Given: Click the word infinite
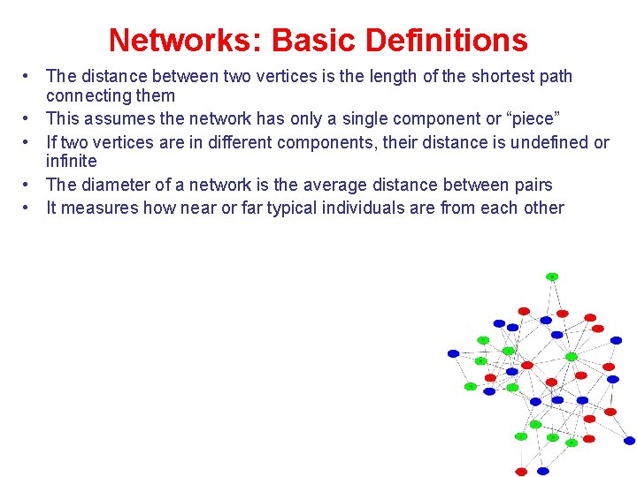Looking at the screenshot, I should click(72, 162).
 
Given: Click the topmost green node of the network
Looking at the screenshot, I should click(552, 276).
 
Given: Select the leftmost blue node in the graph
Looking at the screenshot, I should click(454, 353).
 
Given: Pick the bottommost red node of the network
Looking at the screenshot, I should click(522, 472).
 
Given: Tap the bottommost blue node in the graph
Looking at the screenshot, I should click(543, 471).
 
